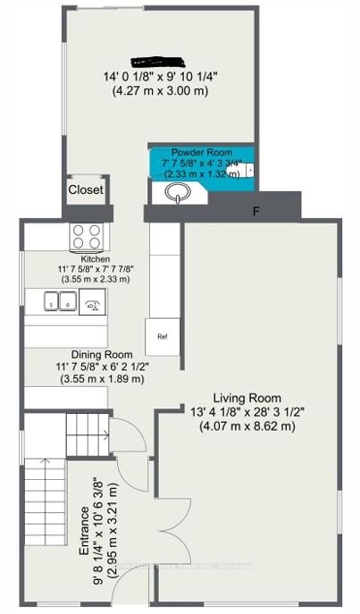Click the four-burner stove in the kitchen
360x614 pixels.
point(88,238)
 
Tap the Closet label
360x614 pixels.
point(86,190)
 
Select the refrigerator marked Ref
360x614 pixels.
point(162,337)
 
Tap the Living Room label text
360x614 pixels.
point(247,398)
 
